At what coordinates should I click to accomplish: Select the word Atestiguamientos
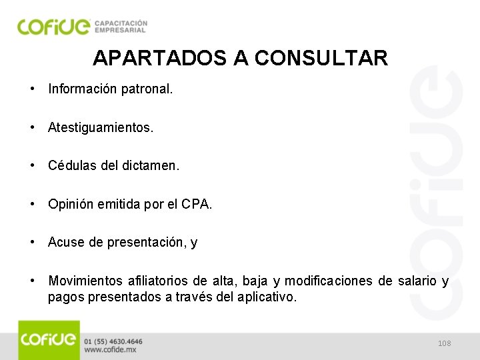100,127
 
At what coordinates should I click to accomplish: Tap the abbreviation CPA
198,205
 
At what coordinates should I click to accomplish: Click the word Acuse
65,243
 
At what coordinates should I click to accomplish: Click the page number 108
445,343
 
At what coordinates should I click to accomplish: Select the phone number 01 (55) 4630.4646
113,341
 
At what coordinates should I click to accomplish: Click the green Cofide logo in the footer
49,340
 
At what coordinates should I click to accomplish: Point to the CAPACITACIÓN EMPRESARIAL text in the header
121,26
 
